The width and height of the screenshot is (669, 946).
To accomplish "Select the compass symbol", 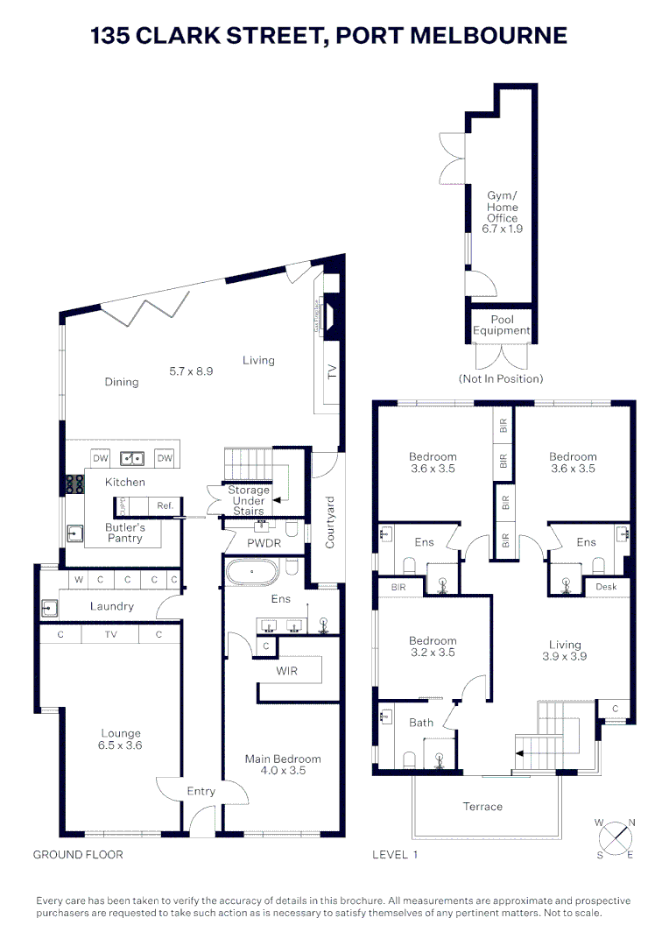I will tap(616, 837).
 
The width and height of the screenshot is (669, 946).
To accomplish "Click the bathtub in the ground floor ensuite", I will tap(251, 574).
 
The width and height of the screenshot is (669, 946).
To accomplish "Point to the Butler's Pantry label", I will tap(125, 533).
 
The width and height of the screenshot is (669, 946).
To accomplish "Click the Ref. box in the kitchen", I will tap(165, 505).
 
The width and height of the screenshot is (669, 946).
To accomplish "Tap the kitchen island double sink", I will tap(133, 457).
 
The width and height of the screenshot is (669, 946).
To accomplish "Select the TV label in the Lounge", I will tap(111, 634).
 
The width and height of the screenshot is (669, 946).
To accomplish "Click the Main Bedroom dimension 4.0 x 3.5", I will tap(283, 771).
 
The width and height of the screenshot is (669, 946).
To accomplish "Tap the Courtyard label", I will tap(331, 522).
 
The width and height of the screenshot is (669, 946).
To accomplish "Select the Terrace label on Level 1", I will tap(482, 806).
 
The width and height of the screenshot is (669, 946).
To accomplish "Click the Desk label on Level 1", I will tap(607, 586).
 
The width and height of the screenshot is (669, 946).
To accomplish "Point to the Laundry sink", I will tap(48, 606).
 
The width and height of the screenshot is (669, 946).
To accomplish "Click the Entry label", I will tap(201, 791).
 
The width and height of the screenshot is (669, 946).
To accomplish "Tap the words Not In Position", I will tap(501, 378).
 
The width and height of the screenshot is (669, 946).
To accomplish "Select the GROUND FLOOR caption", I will tap(78, 854).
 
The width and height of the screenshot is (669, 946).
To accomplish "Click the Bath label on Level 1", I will tap(421, 723).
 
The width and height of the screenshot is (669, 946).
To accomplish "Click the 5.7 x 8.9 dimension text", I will tap(191, 371).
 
